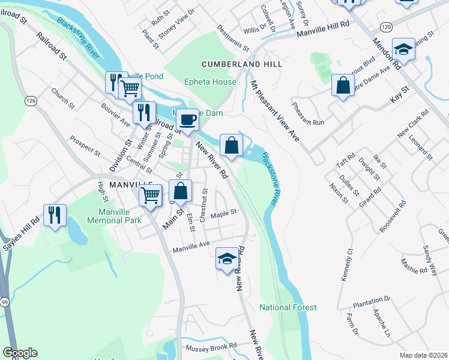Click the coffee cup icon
(x=187, y=120)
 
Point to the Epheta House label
(x=210, y=82)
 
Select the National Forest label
(x=288, y=307)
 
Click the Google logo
(x=20, y=353)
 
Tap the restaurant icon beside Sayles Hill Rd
(x=55, y=215)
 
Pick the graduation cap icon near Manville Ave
(x=226, y=259)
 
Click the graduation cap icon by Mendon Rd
(x=403, y=50)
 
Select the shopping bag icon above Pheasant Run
(x=343, y=85)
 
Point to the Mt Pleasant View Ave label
(x=275, y=111)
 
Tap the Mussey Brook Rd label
(x=211, y=347)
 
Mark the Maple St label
(x=224, y=212)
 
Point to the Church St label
(x=62, y=98)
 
